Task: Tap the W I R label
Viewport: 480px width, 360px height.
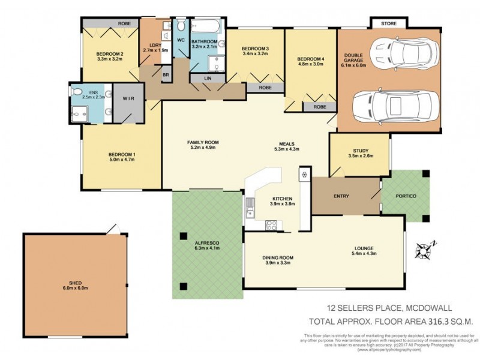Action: [128, 98]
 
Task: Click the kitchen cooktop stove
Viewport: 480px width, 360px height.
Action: [271, 226]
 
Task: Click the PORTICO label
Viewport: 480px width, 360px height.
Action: [406, 197]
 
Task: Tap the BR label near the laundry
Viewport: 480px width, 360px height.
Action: [166, 74]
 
